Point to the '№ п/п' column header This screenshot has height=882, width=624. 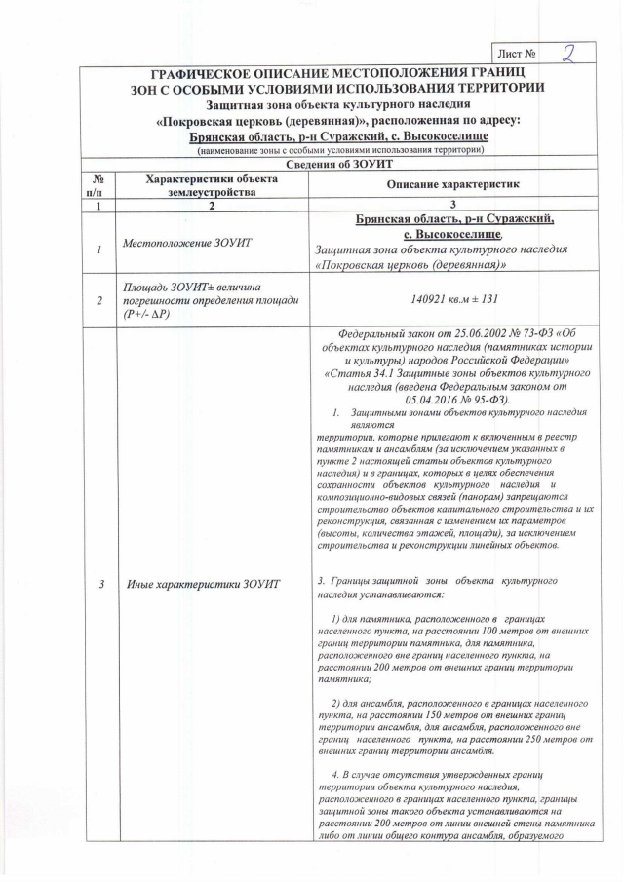(97, 185)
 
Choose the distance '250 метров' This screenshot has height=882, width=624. (515, 739)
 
